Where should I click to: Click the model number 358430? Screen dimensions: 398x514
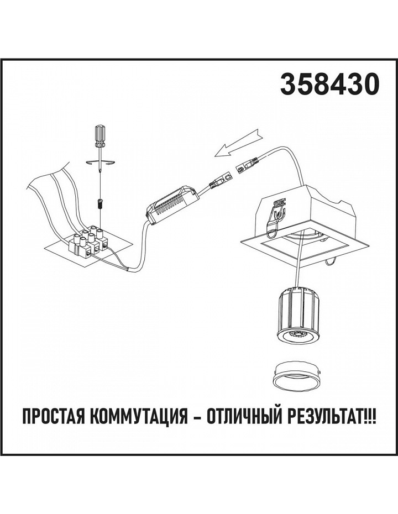tap(329, 84)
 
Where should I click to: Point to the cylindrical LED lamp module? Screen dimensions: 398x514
tap(298, 317)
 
